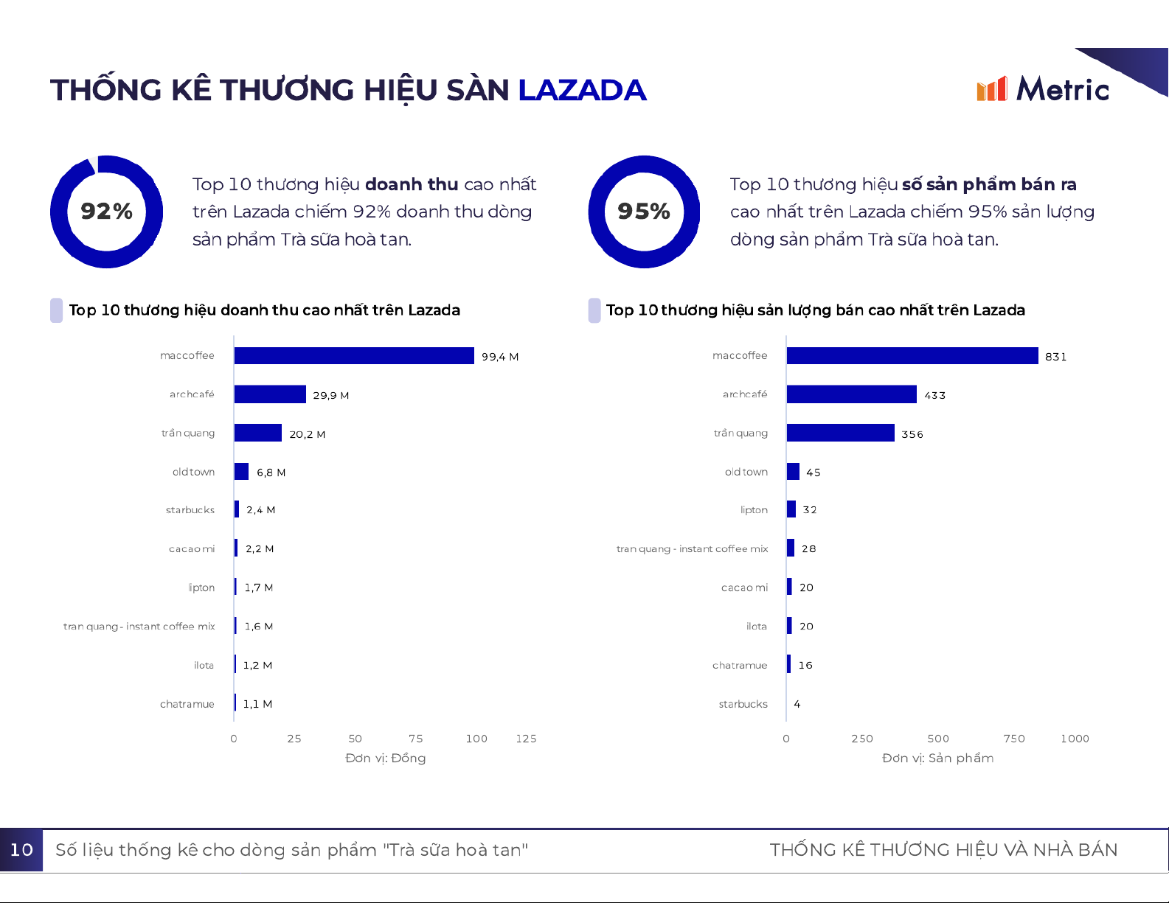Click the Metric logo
[1042, 89]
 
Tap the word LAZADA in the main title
[582, 90]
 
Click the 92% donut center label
[106, 212]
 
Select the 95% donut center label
[644, 212]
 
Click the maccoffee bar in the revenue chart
[354, 356]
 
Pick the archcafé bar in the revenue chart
[270, 394]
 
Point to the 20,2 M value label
[308, 434]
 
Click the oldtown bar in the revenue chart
[241, 472]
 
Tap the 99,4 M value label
[500, 357]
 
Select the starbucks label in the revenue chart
[190, 510]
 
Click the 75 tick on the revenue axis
[416, 739]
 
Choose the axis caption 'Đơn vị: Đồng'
[385, 758]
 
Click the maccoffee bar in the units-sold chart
[912, 356]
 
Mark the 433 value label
[935, 395]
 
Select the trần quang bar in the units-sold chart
[841, 433]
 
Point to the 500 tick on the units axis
[938, 739]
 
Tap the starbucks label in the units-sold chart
[743, 704]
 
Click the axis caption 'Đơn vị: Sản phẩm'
[937, 758]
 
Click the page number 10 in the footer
[21, 850]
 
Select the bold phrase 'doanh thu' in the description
[412, 184]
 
